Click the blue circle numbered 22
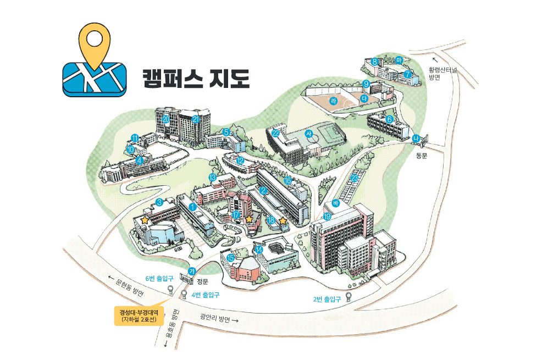point(276,133)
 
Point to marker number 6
point(389,119)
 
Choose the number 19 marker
point(328,216)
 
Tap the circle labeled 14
point(258,249)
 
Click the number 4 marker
point(140,160)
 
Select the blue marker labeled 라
point(333,101)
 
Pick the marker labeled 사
point(309,134)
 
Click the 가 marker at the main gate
point(192,270)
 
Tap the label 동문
point(421,156)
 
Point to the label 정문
point(203,281)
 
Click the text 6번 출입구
point(159,278)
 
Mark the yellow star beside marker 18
point(283,221)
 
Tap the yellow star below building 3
point(145,220)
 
